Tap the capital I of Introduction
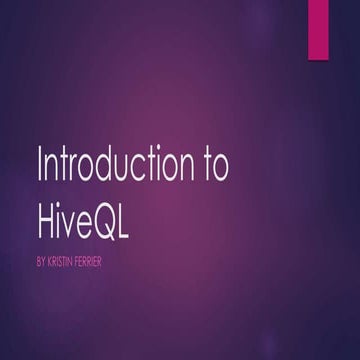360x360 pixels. (38, 165)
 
